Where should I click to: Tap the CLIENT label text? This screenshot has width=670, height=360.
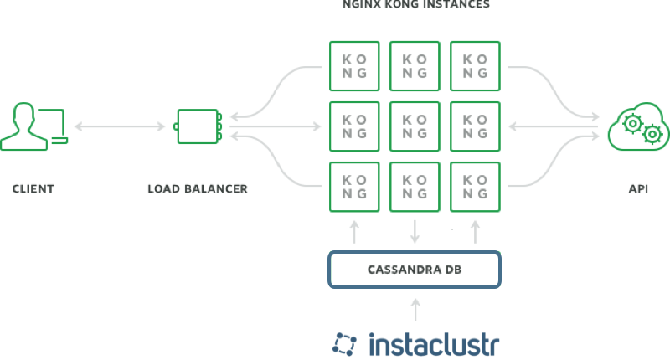pyautogui.click(x=33, y=189)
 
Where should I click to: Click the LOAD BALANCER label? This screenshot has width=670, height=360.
pyautogui.click(x=198, y=189)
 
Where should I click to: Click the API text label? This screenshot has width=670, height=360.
pyautogui.click(x=638, y=189)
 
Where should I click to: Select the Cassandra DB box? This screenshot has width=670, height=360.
pyautogui.click(x=415, y=270)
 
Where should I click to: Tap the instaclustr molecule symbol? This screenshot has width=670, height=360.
pyautogui.click(x=345, y=344)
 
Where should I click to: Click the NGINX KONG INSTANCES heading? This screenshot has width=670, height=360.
pyautogui.click(x=415, y=5)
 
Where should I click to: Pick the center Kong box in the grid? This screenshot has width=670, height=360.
pyautogui.click(x=415, y=126)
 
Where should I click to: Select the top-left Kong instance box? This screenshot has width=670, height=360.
pyautogui.click(x=355, y=66)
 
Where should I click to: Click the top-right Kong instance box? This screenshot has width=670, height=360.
pyautogui.click(x=476, y=66)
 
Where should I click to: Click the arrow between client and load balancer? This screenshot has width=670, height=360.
pyautogui.click(x=120, y=127)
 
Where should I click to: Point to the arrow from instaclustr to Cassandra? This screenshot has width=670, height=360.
pyautogui.click(x=415, y=310)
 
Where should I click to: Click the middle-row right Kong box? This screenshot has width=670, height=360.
pyautogui.click(x=476, y=126)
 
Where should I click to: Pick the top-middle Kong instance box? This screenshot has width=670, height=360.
pyautogui.click(x=415, y=66)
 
